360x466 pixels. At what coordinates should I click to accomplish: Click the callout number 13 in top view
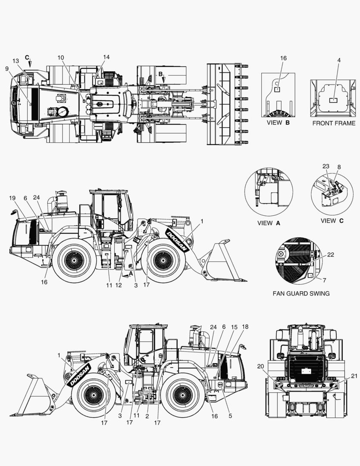[x=16, y=61]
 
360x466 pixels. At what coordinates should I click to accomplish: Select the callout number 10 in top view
[x=60, y=57]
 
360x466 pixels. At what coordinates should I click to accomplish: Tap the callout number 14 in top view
[x=106, y=57]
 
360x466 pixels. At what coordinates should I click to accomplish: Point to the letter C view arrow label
[x=27, y=57]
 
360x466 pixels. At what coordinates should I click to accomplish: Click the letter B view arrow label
[x=160, y=74]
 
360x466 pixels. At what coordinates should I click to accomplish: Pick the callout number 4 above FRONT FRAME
[x=339, y=60]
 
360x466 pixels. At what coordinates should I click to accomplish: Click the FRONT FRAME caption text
[x=334, y=123]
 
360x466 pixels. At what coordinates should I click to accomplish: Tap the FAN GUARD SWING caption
[x=301, y=293]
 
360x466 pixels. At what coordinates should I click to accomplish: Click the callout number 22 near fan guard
[x=331, y=255]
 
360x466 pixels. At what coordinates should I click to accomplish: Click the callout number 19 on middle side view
[x=13, y=198]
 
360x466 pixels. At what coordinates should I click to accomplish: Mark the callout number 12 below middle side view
[x=119, y=285]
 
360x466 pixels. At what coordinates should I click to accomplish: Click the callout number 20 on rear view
[x=260, y=366]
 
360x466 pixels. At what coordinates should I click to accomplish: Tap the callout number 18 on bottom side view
[x=245, y=327]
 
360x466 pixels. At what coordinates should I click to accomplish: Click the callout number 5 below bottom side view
[x=230, y=416]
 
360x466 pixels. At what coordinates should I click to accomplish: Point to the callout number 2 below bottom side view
[x=147, y=416]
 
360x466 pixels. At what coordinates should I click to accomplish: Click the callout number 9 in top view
[x=7, y=68]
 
